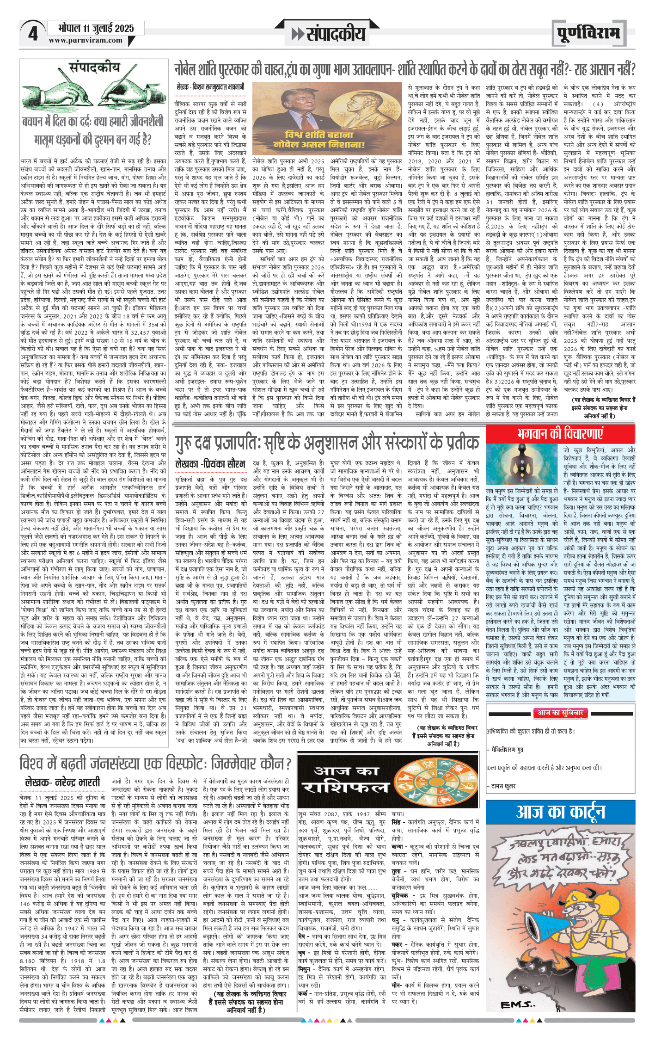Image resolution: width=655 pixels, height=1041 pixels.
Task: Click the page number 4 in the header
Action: tap(33, 34)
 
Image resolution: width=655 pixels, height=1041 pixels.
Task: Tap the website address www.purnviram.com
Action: tap(86, 40)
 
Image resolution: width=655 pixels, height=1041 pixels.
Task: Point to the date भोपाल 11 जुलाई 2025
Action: tap(96, 28)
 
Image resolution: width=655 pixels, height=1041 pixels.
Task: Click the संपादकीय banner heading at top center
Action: tap(329, 34)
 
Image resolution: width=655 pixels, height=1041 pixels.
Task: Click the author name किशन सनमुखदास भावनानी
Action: tap(210, 86)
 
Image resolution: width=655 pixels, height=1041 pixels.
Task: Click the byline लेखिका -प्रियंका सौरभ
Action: tap(210, 463)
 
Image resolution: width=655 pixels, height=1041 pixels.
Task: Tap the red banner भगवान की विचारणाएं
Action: tap(560, 433)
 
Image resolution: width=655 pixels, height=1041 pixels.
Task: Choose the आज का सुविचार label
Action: tap(559, 713)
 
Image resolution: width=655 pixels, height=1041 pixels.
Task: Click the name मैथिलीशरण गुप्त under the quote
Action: tap(507, 749)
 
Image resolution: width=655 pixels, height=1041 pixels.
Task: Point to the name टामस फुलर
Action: tap(504, 786)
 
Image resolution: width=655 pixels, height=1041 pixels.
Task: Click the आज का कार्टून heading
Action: tap(560, 812)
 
